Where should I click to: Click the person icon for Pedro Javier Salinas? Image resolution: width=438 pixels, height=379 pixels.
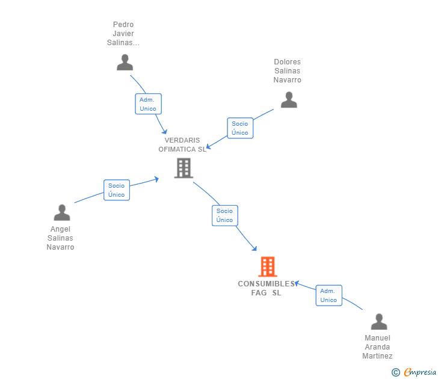[x=125, y=63]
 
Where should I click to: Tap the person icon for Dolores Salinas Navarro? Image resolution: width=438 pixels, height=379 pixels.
[x=289, y=100]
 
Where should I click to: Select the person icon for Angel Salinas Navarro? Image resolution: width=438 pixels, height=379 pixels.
[x=62, y=212]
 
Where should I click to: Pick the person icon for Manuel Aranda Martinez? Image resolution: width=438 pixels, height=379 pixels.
[x=378, y=322]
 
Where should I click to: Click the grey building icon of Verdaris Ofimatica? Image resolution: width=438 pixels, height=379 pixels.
[x=184, y=168]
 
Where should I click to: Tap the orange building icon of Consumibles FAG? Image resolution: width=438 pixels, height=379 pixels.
[x=267, y=267]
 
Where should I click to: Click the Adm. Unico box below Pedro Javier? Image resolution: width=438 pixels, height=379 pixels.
[x=148, y=104]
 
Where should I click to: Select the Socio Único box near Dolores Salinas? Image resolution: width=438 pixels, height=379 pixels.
[x=240, y=128]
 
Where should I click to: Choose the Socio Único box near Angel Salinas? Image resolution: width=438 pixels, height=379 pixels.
[x=117, y=190]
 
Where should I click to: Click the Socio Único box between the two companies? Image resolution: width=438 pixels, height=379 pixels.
[x=225, y=215]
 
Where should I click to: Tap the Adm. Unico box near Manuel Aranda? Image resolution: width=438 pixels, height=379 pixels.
[x=328, y=295]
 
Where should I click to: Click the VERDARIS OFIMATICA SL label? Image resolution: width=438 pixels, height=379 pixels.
[x=182, y=145]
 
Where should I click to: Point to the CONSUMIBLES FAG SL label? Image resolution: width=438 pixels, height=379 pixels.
[x=267, y=288]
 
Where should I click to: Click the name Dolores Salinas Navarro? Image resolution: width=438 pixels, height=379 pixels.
[x=287, y=71]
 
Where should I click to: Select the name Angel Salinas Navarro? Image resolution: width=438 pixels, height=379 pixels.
[x=60, y=238]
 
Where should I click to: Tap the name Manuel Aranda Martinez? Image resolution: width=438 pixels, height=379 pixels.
[x=377, y=347]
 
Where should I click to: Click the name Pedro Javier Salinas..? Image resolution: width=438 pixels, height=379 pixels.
[x=123, y=34]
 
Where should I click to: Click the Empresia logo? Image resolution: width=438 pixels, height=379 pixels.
[x=419, y=372]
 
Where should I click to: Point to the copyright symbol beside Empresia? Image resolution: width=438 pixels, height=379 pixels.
[x=395, y=372]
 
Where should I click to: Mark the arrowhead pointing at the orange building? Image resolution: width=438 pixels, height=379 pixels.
[x=254, y=248]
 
